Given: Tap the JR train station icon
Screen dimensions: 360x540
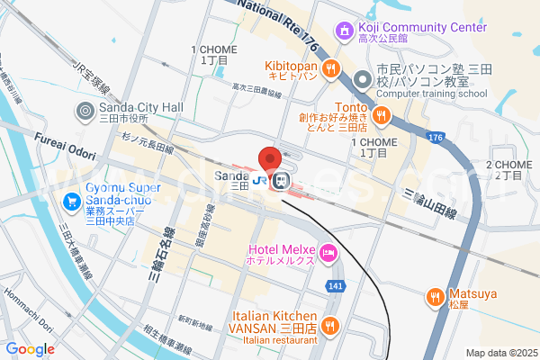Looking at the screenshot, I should (x=281, y=182).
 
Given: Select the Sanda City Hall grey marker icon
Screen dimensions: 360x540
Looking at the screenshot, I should (x=85, y=111).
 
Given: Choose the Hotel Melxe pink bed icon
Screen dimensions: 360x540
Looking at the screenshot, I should (x=329, y=252).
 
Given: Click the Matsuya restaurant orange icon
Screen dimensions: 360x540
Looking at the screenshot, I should (x=435, y=295).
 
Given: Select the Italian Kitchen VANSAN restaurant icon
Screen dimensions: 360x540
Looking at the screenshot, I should (x=331, y=325).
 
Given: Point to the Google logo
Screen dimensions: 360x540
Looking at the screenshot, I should (x=30, y=349).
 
